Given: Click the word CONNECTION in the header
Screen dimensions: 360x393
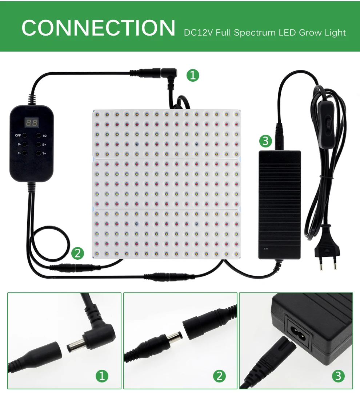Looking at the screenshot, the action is point(98,28).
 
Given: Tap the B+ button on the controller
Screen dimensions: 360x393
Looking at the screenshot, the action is point(38,145).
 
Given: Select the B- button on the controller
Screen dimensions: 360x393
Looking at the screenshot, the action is point(25,145).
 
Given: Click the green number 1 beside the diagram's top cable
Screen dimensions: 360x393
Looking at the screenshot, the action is point(193,75).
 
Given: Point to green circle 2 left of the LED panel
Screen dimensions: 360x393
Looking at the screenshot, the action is point(77,253).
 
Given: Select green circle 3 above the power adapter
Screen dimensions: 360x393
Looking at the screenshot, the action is point(265,141).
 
